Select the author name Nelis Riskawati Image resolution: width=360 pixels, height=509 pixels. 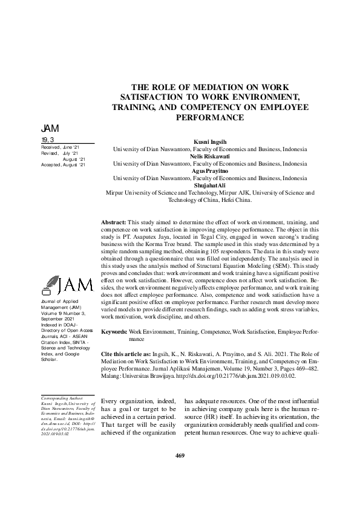point(210,155)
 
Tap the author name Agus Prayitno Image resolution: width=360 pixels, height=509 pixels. point(210,171)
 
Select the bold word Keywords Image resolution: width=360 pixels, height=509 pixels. point(114,332)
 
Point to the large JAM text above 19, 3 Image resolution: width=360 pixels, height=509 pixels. point(50,129)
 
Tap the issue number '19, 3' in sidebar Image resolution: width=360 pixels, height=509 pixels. point(47,140)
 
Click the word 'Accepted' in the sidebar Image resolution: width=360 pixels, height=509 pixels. point(51,164)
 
